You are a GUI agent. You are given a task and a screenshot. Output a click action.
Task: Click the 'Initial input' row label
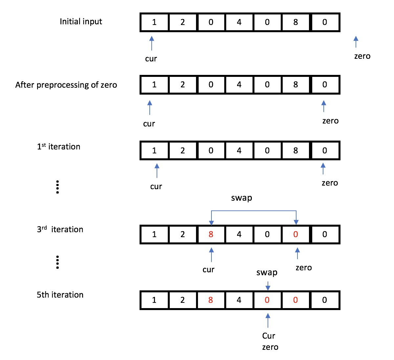pos(81,22)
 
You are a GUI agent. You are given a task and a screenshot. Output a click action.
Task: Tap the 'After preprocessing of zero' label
pos(66,85)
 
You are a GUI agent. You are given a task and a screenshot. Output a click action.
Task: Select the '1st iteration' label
pos(58,146)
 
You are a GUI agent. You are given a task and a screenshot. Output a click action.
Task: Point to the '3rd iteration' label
pos(60,229)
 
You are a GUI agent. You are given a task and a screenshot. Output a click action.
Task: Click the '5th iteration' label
pos(60,295)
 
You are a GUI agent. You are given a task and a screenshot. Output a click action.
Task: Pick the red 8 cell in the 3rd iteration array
pos(211,235)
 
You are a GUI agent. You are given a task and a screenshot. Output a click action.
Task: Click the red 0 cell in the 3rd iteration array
pos(295,235)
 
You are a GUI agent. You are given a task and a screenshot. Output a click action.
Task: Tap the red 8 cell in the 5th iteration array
pos(211,300)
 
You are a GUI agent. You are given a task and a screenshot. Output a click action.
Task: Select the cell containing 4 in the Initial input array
pos(239,22)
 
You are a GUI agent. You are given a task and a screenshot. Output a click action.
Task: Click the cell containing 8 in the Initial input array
pos(295,22)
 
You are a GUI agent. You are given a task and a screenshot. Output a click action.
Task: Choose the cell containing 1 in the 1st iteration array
pos(154,151)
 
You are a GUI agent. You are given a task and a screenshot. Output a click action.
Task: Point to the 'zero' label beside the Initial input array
pos(362,56)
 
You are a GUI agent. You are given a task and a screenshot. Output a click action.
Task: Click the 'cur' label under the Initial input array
pos(151,59)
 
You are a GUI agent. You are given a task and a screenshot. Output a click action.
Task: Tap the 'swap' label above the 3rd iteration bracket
pos(242,198)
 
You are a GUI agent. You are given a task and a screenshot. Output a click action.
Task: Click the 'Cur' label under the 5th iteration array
pos(269,336)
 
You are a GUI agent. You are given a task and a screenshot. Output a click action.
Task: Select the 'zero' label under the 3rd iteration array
pos(304,268)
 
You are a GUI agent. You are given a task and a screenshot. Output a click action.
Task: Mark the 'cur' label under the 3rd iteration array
pos(208,270)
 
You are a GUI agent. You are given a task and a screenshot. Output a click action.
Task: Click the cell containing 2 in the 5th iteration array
pos(183,300)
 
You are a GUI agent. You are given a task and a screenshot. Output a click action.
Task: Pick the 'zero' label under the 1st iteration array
pos(330,183)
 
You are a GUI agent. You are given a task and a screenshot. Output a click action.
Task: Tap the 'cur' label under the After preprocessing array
pos(149,124)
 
